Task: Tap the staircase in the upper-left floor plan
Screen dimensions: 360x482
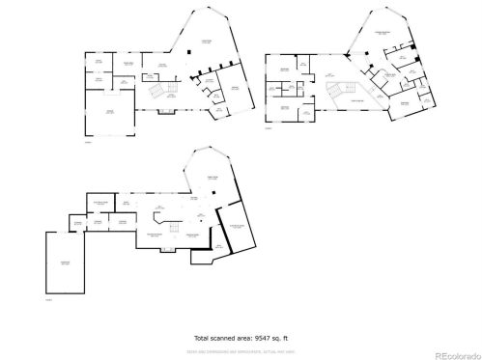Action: tap(156, 91)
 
